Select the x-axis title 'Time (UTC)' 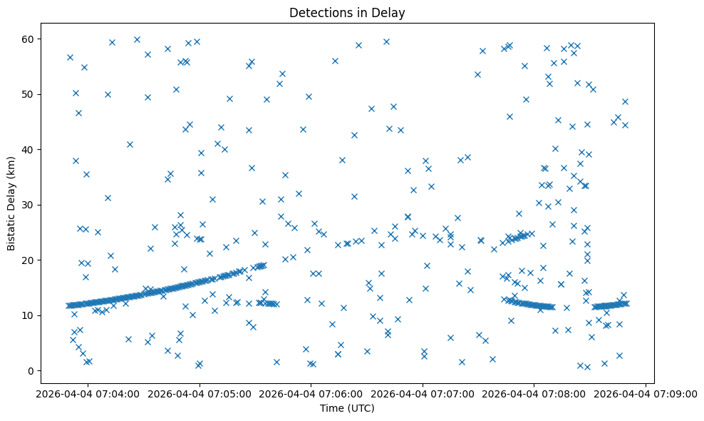347,409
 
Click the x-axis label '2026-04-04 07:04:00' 88,394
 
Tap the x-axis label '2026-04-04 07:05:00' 199,394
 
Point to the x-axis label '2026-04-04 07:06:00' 311,394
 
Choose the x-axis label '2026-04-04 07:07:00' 423,394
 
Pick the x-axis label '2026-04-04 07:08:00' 534,394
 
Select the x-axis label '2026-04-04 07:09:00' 646,394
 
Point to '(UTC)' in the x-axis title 361,409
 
